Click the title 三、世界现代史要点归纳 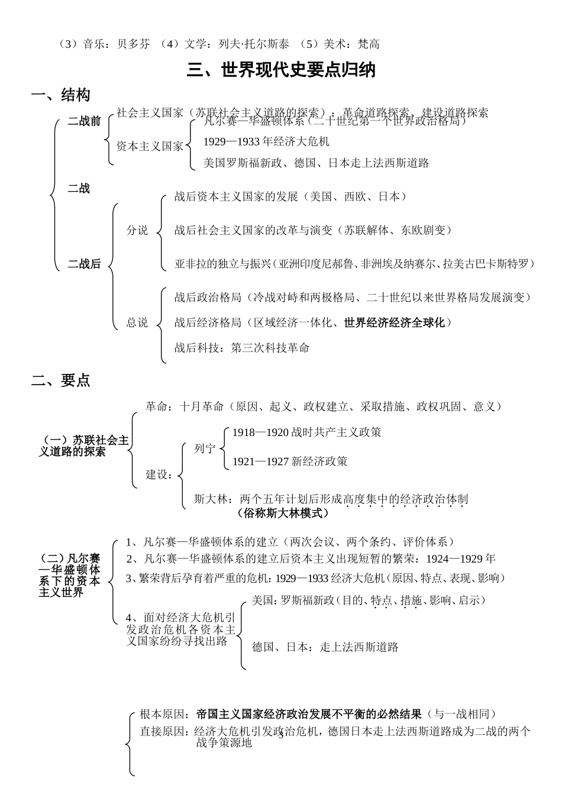tap(281, 70)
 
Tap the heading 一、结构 tap(60, 95)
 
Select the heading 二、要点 tap(60, 380)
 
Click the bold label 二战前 tap(84, 122)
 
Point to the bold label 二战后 tap(84, 264)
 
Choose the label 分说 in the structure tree tap(137, 231)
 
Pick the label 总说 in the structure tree tap(137, 323)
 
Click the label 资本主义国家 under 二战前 tap(150, 146)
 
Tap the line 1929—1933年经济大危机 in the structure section tap(266, 142)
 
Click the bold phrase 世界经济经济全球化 tap(394, 323)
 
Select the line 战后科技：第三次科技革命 tap(242, 348)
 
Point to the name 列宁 tap(205, 449)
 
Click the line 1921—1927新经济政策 tap(290, 461)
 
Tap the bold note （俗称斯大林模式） tap(282, 514)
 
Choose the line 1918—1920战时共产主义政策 tap(306, 432)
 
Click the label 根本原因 tap(162, 715)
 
